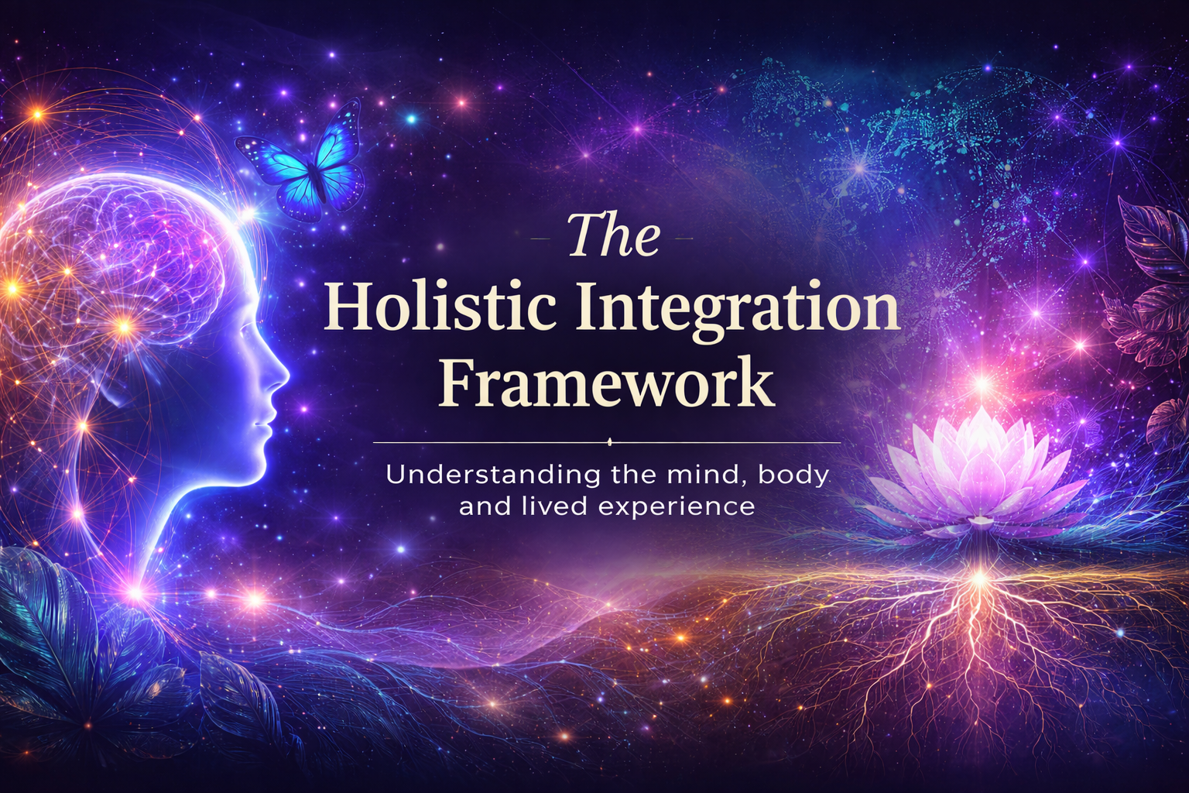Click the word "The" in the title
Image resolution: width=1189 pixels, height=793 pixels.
[x=614, y=236]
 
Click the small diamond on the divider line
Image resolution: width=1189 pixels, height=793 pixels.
[x=608, y=443]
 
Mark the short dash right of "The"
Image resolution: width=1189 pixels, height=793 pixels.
[x=684, y=239]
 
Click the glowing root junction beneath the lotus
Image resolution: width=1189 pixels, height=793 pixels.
[x=979, y=577]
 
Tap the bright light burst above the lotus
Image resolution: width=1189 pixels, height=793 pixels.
[x=982, y=383]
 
